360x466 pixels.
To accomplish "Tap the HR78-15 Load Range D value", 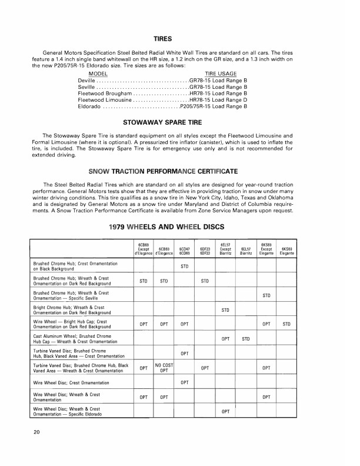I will [x=218, y=100].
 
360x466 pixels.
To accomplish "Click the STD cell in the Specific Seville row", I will [x=266, y=295].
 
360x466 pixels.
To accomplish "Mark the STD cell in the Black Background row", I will [x=184, y=267].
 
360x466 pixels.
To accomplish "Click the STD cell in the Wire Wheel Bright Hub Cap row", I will [x=287, y=324].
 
